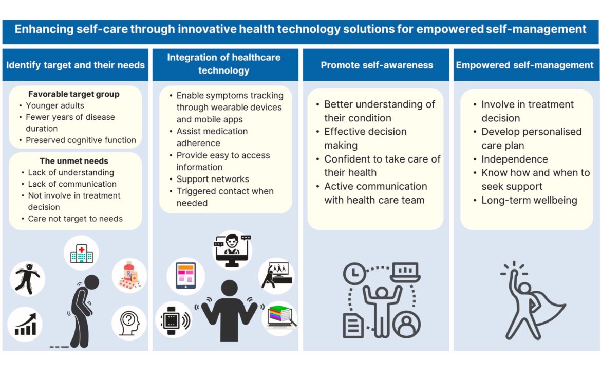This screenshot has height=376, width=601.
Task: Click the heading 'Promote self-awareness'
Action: (x=377, y=65)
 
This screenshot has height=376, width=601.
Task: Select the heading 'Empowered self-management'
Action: (x=524, y=65)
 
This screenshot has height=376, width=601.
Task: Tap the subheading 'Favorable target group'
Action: (x=74, y=94)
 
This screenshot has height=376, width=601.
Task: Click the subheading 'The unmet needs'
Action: (x=74, y=161)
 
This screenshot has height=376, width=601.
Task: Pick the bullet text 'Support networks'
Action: (x=213, y=179)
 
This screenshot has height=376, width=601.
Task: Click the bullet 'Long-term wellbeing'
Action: (x=529, y=201)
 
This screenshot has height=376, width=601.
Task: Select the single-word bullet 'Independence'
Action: (x=514, y=159)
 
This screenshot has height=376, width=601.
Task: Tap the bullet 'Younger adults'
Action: (x=54, y=106)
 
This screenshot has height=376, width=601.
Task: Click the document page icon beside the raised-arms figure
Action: (x=353, y=326)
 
